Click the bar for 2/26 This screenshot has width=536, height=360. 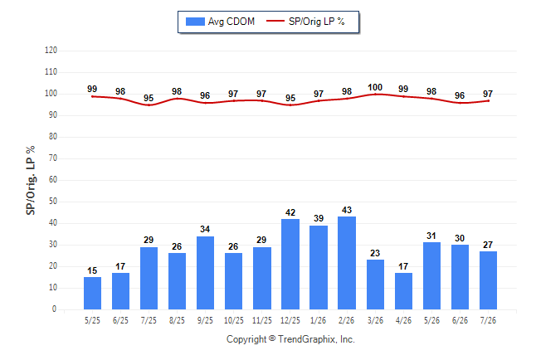click(x=347, y=263)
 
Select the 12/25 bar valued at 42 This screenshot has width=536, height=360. click(x=290, y=264)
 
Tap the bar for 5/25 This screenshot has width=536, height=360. click(x=92, y=294)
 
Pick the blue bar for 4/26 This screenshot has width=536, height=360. click(x=403, y=291)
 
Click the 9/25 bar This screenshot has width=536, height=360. click(x=205, y=273)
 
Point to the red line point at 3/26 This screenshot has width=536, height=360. click(x=375, y=94)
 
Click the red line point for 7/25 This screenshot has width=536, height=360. click(x=149, y=105)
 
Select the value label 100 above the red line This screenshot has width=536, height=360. click(x=375, y=88)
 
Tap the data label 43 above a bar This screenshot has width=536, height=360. click(x=347, y=210)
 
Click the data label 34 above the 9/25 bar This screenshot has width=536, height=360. click(x=205, y=229)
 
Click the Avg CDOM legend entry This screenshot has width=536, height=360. click(x=220, y=22)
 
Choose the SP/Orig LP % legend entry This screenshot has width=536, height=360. click(x=305, y=22)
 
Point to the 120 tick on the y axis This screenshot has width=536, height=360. click(x=51, y=51)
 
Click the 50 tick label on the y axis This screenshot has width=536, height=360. click(x=53, y=202)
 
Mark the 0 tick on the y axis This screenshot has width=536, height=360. click(x=55, y=309)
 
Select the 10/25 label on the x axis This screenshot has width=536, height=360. click(x=234, y=320)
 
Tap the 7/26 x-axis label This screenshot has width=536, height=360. click(x=488, y=320)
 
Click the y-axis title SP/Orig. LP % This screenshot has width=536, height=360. click(x=31, y=180)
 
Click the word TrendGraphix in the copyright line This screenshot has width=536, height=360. click(x=307, y=339)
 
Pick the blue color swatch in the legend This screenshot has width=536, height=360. click(x=195, y=22)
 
